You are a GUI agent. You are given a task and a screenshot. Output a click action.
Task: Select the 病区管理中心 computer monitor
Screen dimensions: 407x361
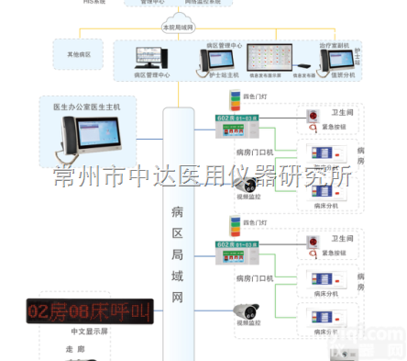click(151, 61)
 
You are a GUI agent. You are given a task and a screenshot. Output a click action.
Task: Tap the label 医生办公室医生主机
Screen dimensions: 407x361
click(87, 107)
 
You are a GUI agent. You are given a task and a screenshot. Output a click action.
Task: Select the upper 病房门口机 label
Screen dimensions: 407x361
click(255, 151)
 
